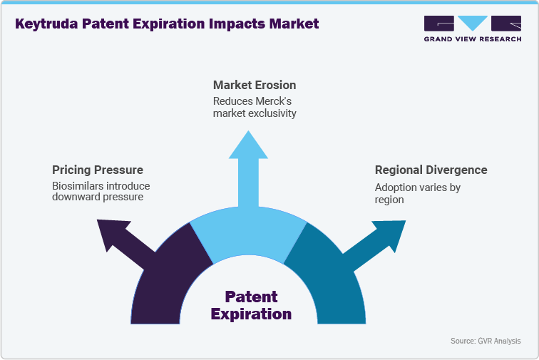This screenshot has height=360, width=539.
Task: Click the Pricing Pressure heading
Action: pyautogui.click(x=98, y=170)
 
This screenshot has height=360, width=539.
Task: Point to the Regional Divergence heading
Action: pyautogui.click(x=431, y=170)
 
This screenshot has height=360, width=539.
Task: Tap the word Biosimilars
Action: pyautogui.click(x=80, y=186)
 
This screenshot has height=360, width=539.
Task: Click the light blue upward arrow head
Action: pyautogui.click(x=247, y=147)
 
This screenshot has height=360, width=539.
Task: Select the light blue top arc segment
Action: pyautogui.click(x=248, y=235)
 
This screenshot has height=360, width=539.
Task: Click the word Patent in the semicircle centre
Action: pyautogui.click(x=251, y=297)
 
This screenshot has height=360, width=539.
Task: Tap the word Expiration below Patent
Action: pyautogui.click(x=251, y=314)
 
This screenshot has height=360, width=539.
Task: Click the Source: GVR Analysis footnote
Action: pyautogui.click(x=486, y=341)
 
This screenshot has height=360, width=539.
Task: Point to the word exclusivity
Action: pyautogui.click(x=270, y=113)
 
